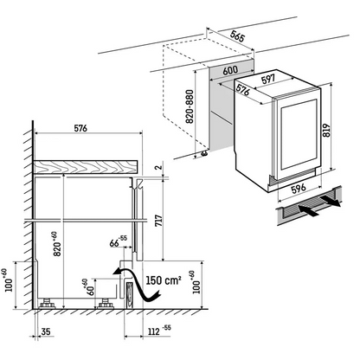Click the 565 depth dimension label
pos(238,35)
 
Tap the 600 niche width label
pos(230,70)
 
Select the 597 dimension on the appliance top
pos(268,79)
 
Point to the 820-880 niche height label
pos(190,106)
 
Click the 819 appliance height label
pos(326,131)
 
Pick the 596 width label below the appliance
pos(299,189)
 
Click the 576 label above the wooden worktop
pos(80,128)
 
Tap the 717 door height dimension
pos(159,221)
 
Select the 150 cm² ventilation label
pos(164,280)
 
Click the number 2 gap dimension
pos(160,167)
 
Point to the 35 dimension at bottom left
pos(46,331)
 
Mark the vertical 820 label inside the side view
pos(57,244)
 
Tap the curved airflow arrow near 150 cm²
pos(137,284)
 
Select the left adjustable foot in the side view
pos(47,304)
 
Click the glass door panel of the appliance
pos(299,135)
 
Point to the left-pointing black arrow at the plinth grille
pos(309,210)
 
